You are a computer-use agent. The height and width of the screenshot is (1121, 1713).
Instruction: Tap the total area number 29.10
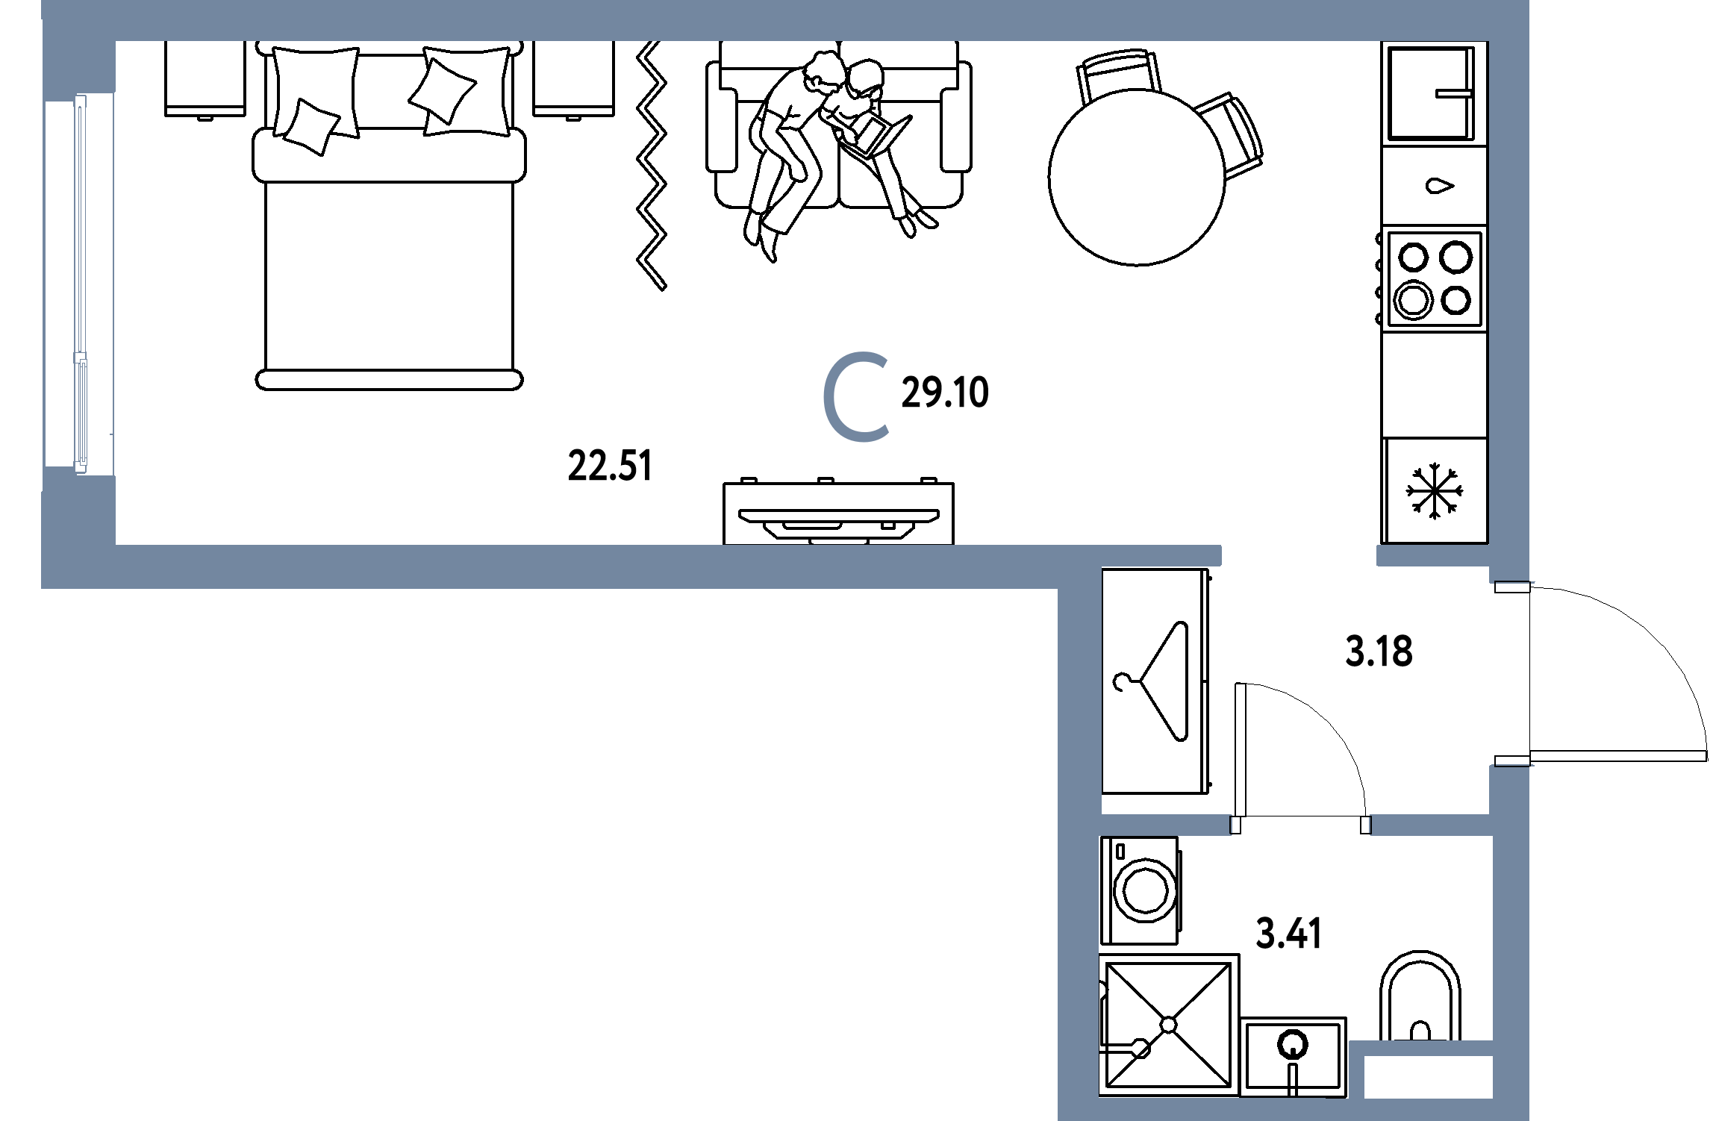[945, 393]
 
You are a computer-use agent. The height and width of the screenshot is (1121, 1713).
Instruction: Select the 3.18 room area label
[1379, 651]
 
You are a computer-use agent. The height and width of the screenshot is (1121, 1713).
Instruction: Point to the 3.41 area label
[1289, 934]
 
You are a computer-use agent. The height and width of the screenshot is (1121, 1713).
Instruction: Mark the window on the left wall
[79, 281]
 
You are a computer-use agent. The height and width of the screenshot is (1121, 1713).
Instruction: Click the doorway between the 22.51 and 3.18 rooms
[1299, 556]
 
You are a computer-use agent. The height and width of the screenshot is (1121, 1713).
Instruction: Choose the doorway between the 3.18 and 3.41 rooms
[1299, 824]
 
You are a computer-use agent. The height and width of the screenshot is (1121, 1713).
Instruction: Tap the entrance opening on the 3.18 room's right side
[1509, 673]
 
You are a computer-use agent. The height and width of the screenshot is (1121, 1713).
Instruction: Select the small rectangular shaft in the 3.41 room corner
[1428, 1076]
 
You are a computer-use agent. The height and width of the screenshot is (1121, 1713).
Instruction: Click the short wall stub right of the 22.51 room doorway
[1433, 556]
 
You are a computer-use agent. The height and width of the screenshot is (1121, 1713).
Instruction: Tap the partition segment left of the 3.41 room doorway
[1164, 824]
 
